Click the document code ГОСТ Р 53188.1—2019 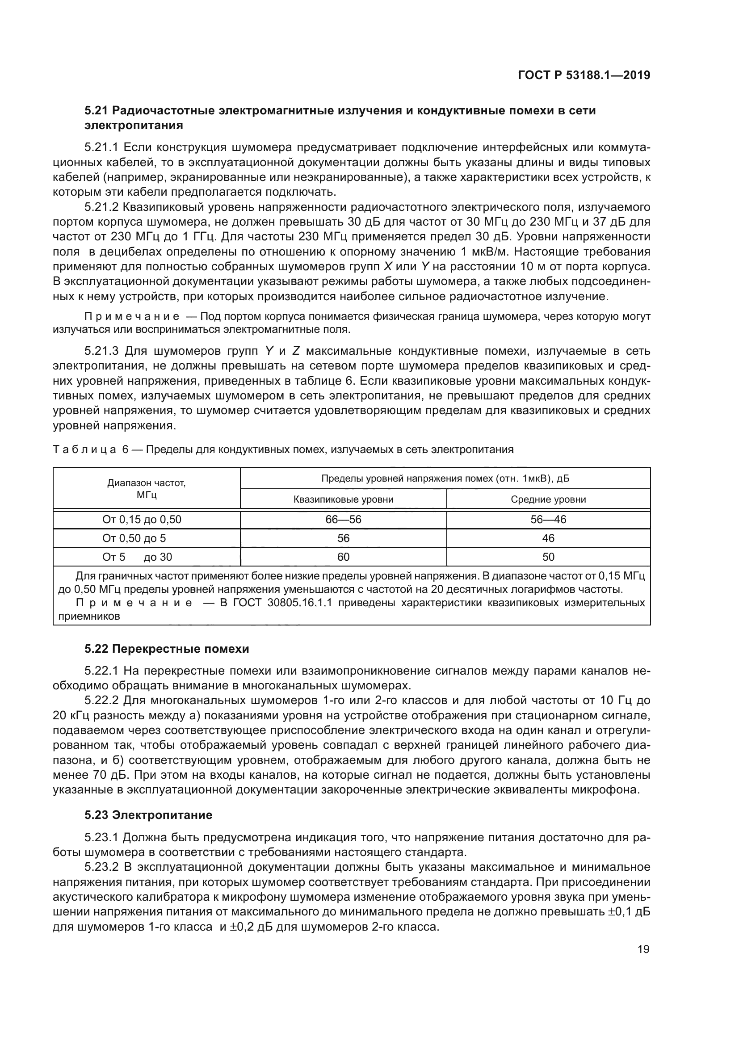click(584, 75)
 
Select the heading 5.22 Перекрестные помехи click(167, 649)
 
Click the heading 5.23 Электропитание click(148, 815)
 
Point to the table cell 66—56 click(343, 519)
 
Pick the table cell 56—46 click(548, 519)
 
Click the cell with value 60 click(343, 557)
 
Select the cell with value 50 click(548, 557)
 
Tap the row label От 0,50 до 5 click(134, 538)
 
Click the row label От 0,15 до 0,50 click(142, 519)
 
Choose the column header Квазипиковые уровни click(343, 499)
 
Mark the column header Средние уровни click(548, 499)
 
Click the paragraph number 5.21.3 click(101, 351)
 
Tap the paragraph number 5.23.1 click(101, 837)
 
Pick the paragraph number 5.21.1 click(101, 147)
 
